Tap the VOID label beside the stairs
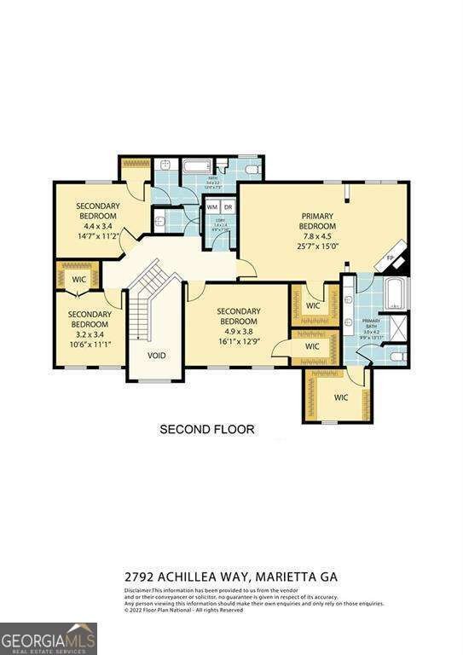[156, 356]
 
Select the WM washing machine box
[212, 207]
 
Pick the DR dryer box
[228, 207]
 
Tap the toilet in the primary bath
[397, 356]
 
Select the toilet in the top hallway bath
[251, 171]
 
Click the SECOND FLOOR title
[206, 429]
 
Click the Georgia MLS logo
[49, 638]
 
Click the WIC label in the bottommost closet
[341, 397]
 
